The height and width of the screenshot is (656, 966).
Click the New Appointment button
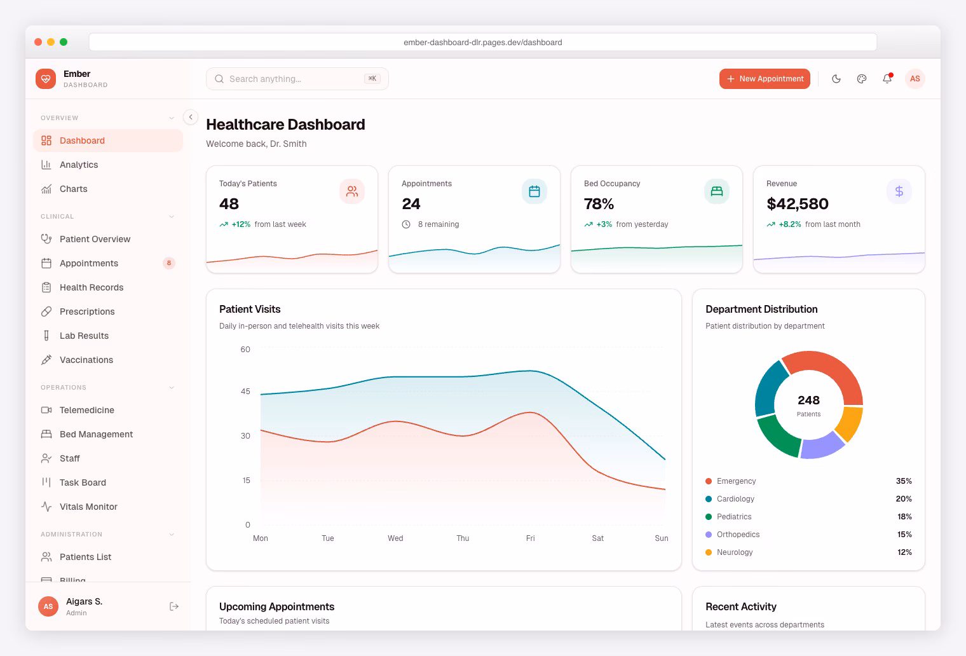click(765, 79)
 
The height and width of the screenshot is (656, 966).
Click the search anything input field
click(292, 79)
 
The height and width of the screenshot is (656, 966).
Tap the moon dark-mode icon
click(836, 79)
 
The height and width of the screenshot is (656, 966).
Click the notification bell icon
click(887, 79)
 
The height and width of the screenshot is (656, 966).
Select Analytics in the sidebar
click(79, 165)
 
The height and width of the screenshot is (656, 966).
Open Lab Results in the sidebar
click(84, 336)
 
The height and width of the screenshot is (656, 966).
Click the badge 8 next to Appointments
click(168, 263)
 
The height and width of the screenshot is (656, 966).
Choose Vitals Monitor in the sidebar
click(88, 507)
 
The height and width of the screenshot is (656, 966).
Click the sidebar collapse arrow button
click(191, 117)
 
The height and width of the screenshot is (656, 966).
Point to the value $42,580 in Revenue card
click(798, 204)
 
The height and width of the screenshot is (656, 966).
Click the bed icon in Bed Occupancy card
click(716, 191)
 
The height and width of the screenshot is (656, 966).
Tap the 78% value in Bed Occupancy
click(599, 204)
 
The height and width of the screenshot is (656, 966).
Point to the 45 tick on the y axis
click(245, 392)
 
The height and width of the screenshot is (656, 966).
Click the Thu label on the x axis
click(463, 538)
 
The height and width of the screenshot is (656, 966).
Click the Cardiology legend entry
click(735, 499)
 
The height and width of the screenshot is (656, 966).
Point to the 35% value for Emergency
click(904, 481)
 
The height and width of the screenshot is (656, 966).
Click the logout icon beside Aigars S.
click(174, 606)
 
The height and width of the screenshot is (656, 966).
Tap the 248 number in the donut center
click(808, 400)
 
